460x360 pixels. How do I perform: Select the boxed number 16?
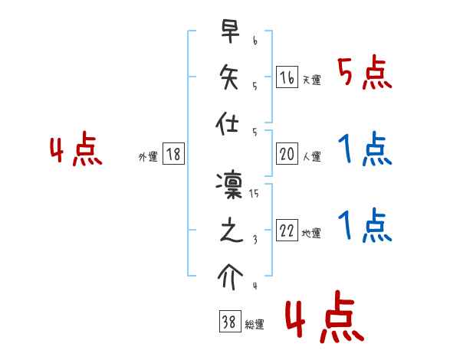pos(287,77)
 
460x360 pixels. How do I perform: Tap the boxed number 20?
pos(287,155)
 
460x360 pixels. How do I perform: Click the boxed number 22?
pos(287,231)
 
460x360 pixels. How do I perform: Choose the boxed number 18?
pos(173,155)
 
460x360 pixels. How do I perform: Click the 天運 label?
pos(311,80)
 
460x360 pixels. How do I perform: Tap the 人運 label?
pos(311,157)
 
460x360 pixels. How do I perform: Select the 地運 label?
pos(311,234)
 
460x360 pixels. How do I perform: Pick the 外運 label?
pos(148,157)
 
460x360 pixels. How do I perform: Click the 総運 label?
pos(255,325)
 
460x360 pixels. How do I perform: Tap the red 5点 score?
pos(365,74)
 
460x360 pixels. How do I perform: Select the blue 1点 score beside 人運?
pos(365,149)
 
